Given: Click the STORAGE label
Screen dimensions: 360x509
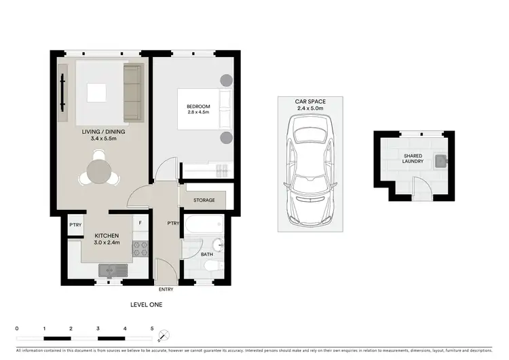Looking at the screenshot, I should tap(204, 200).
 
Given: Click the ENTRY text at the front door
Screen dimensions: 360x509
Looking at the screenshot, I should tap(166, 289).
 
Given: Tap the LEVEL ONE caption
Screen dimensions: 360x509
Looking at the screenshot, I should tap(146, 305).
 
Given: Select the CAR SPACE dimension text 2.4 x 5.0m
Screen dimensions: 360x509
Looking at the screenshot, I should tap(309, 108).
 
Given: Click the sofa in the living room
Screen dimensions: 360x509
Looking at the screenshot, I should tap(133, 91).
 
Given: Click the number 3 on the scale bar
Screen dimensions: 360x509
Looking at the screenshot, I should tap(98, 328).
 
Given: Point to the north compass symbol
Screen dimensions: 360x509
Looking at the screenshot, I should tap(164, 334).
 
